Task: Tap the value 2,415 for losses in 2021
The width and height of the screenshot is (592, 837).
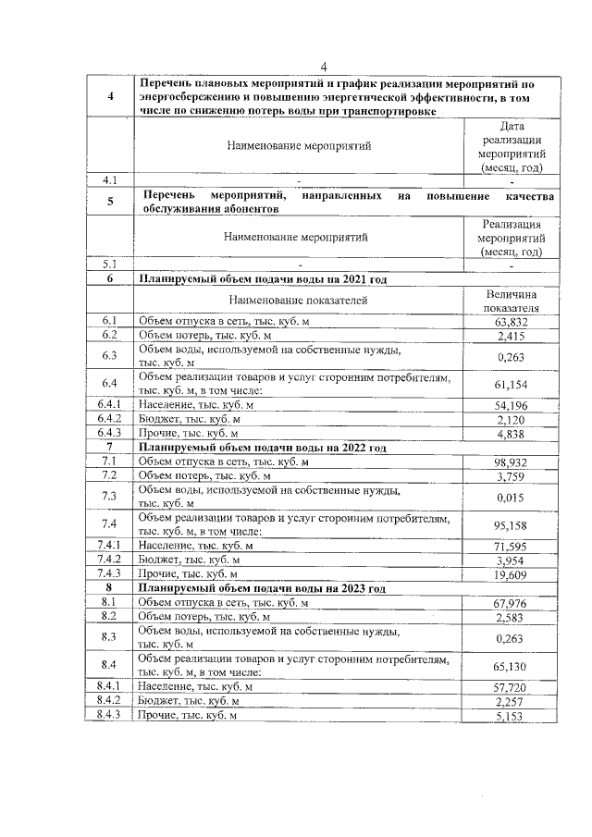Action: (x=511, y=335)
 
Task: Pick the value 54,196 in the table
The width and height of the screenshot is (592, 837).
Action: (x=511, y=405)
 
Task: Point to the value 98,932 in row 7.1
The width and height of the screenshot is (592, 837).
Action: (x=511, y=462)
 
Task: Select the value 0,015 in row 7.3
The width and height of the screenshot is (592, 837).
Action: (x=511, y=497)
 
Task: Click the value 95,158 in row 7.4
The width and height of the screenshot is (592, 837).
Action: (x=511, y=524)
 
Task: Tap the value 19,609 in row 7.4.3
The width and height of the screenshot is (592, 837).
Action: (x=511, y=574)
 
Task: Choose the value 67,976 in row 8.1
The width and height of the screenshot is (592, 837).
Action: (x=511, y=603)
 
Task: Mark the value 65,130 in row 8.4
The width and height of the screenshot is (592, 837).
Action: (x=511, y=666)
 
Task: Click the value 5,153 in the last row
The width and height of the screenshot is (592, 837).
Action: (x=511, y=716)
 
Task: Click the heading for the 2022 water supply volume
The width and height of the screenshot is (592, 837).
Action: (x=262, y=448)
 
